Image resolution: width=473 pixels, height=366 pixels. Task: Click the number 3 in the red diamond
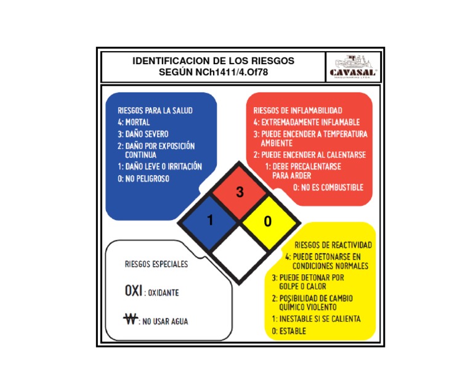point(240,192)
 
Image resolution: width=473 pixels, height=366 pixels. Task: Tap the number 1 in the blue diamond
point(210,220)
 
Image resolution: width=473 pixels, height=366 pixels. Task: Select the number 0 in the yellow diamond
point(267,222)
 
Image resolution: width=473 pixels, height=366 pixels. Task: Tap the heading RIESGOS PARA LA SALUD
point(155,111)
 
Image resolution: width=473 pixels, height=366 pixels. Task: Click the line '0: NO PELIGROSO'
point(144,179)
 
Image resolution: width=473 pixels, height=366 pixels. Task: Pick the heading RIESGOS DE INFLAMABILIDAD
point(298,110)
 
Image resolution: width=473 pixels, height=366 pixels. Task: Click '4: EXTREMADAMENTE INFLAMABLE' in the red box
point(306,122)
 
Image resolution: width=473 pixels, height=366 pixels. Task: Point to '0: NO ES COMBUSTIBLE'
point(328,187)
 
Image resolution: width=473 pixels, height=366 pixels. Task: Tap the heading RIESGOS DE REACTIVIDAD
point(333,245)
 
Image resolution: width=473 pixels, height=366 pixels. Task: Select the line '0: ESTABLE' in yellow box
point(289,331)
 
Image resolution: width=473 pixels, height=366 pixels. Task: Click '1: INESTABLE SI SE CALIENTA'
point(316,319)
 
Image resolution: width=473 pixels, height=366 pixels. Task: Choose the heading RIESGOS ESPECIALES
point(156,264)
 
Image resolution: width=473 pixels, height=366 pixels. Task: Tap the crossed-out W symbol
point(131,319)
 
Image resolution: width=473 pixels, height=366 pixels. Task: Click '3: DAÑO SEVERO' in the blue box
point(143,134)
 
